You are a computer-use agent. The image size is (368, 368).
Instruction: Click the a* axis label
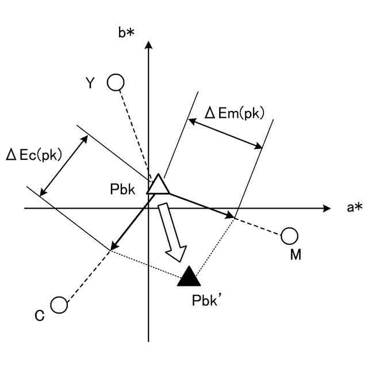pyautogui.click(x=354, y=208)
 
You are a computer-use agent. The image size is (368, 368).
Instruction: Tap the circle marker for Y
pyautogui.click(x=116, y=83)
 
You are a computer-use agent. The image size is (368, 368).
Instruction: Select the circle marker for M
pyautogui.click(x=290, y=236)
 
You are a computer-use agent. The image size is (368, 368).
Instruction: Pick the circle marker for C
pyautogui.click(x=59, y=305)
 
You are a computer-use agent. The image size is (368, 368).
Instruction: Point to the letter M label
pyautogui.click(x=296, y=255)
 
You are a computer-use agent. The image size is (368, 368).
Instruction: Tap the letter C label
pyautogui.click(x=39, y=315)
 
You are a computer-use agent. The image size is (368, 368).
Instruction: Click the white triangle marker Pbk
pyautogui.click(x=157, y=185)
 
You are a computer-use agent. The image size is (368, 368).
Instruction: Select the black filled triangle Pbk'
pyautogui.click(x=189, y=277)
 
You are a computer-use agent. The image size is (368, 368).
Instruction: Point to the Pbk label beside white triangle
pyautogui.click(x=123, y=188)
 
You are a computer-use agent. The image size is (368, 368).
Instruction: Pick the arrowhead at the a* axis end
pyautogui.click(x=327, y=208)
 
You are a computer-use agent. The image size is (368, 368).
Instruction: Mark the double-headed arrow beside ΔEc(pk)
pyautogui.click(x=64, y=164)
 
